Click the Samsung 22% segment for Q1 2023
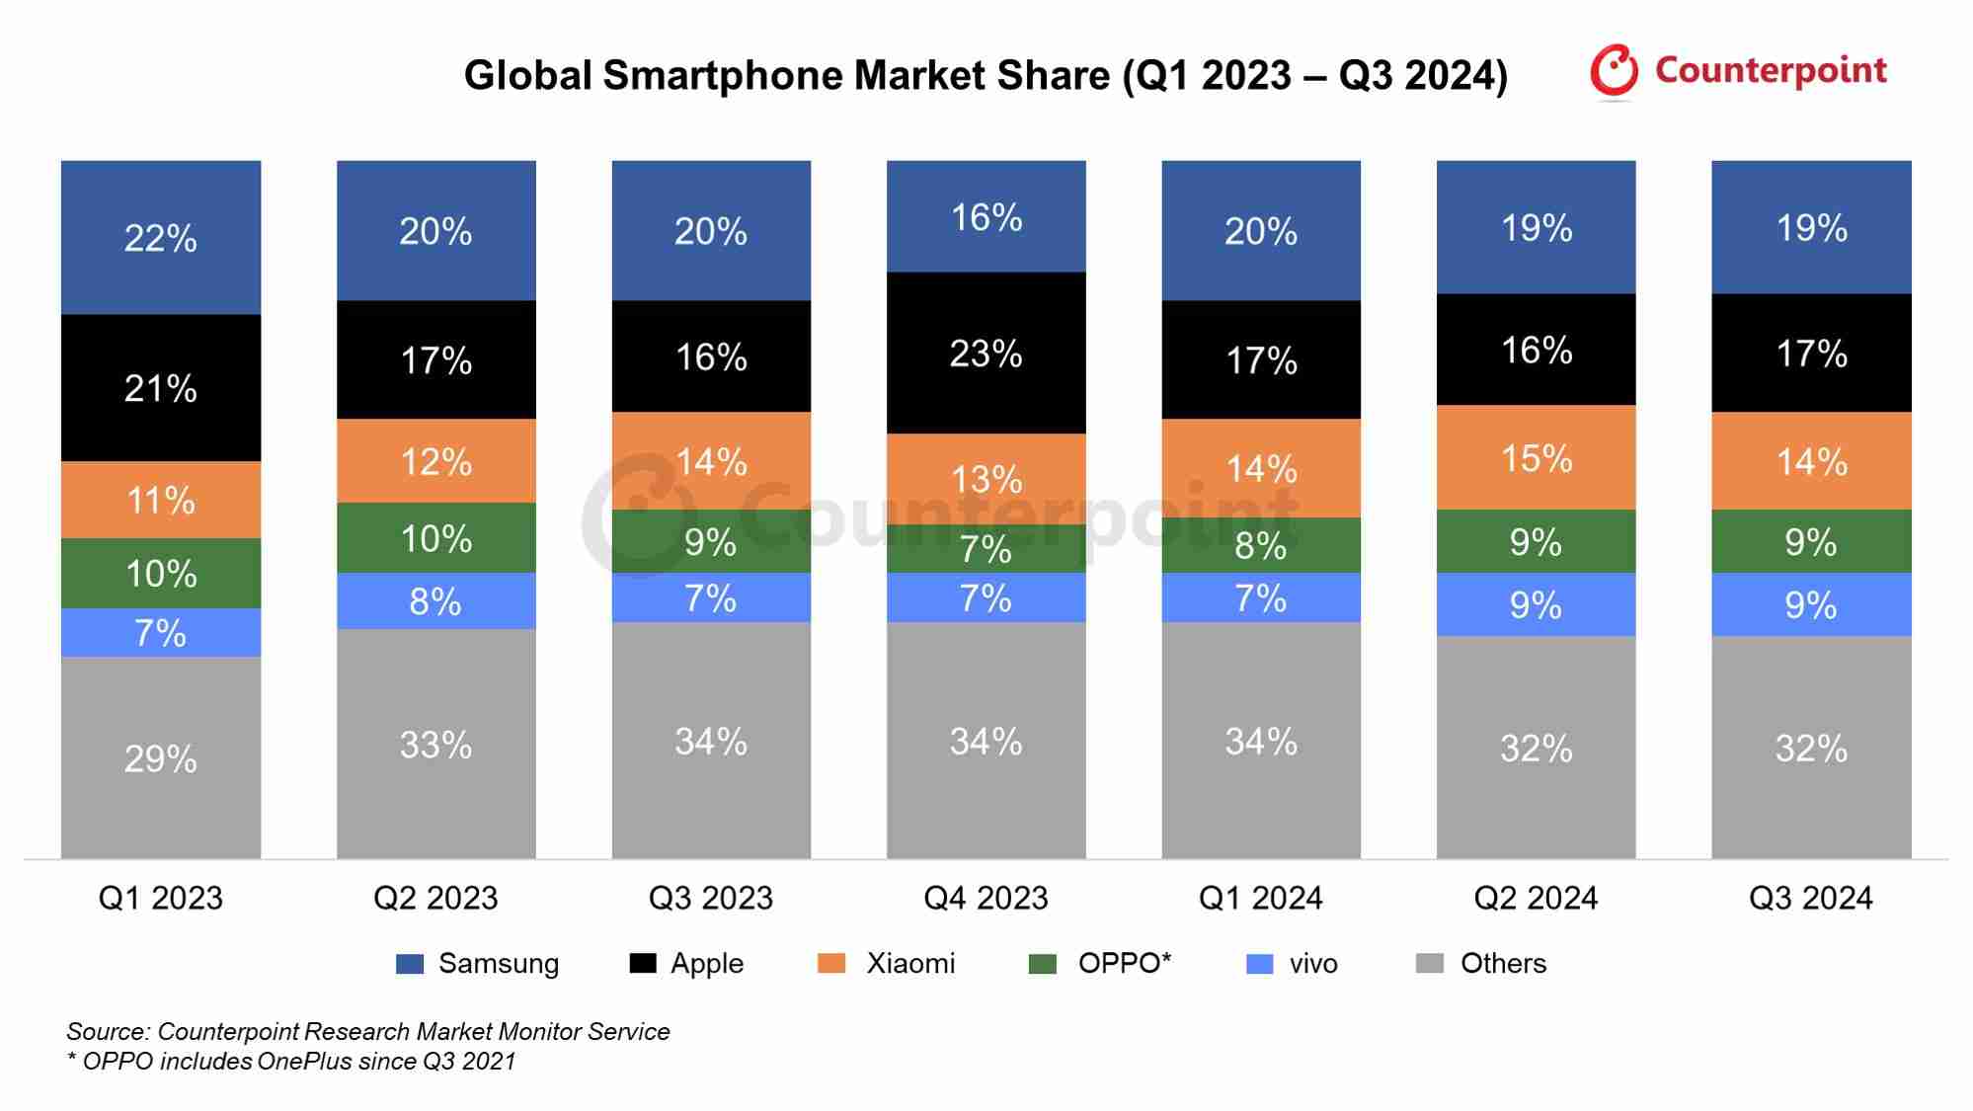[x=161, y=237]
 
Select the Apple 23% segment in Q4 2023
[x=986, y=353]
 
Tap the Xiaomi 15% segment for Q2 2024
[x=1536, y=457]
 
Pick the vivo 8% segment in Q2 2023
[x=435, y=600]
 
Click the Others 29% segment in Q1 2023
[x=161, y=757]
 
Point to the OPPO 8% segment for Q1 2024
[x=1261, y=545]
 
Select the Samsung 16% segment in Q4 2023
[x=986, y=216]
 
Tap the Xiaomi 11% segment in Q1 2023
[x=161, y=500]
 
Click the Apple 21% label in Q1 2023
[x=161, y=388]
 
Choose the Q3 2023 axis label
[x=710, y=898]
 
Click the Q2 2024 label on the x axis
[x=1536, y=898]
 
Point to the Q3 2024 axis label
[x=1810, y=898]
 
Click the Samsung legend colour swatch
[x=409, y=964]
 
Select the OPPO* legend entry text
[x=1124, y=963]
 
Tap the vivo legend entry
[x=1312, y=964]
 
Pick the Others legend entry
[x=1502, y=963]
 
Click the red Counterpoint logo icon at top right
[x=1614, y=71]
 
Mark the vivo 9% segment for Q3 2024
[x=1810, y=604]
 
